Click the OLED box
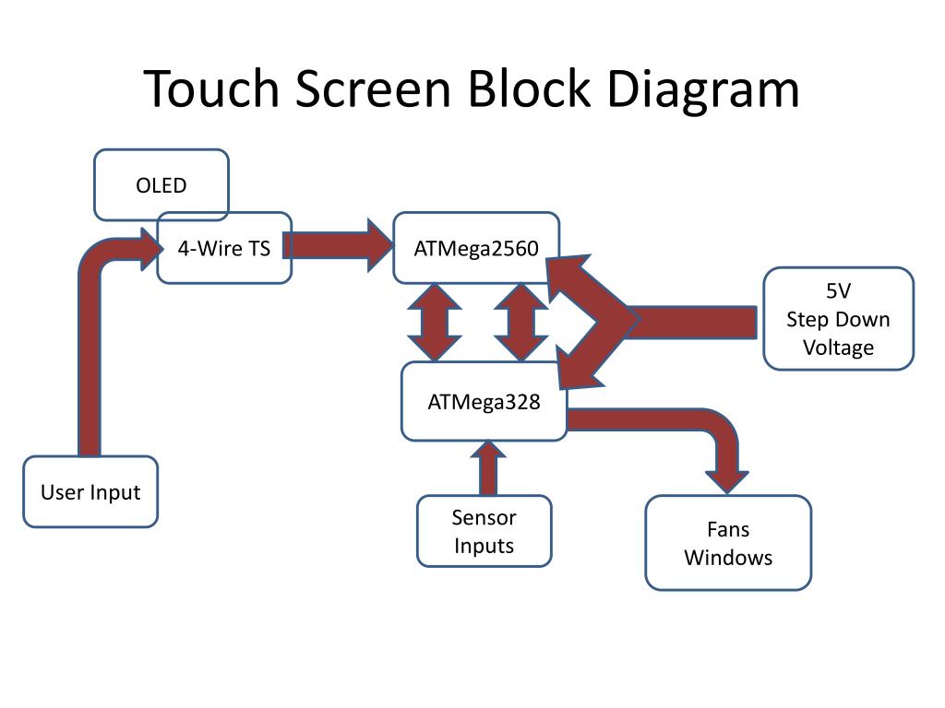pyautogui.click(x=161, y=184)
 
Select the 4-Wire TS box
pyautogui.click(x=224, y=247)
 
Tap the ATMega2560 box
pyautogui.click(x=476, y=247)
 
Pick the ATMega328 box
pyautogui.click(x=484, y=401)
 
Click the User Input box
pyautogui.click(x=90, y=491)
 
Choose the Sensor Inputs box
pyautogui.click(x=484, y=531)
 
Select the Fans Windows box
pyautogui.click(x=728, y=542)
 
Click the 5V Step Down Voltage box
pyautogui.click(x=838, y=318)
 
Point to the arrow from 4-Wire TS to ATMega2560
pyautogui.click(x=338, y=245)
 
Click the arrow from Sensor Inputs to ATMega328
pyautogui.click(x=487, y=468)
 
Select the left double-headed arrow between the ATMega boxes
pyautogui.click(x=435, y=322)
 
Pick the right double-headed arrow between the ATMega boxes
pyautogui.click(x=520, y=322)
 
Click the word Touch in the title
pyautogui.click(x=212, y=88)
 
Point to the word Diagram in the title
pyautogui.click(x=702, y=90)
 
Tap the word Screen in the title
pyautogui.click(x=373, y=89)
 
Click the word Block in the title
pyautogui.click(x=529, y=88)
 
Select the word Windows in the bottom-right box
pyautogui.click(x=728, y=558)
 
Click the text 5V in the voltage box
pyautogui.click(x=838, y=290)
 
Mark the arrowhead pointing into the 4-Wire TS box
pyautogui.click(x=151, y=249)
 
